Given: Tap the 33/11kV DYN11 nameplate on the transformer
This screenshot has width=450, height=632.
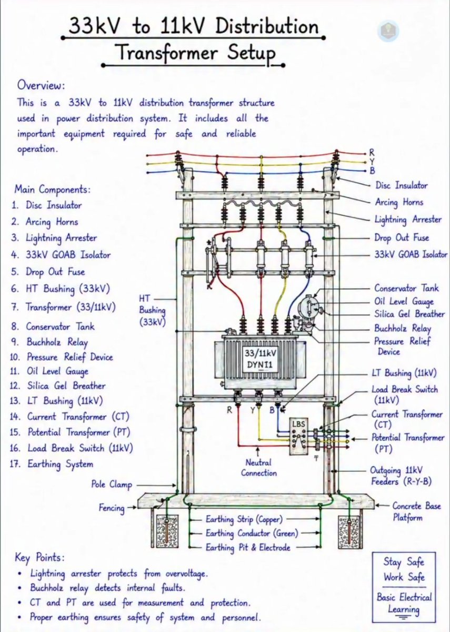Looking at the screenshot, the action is [x=260, y=359].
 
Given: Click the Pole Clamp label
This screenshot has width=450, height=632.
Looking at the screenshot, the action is [x=112, y=485].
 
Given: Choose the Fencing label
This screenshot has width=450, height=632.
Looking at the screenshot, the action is [x=112, y=508].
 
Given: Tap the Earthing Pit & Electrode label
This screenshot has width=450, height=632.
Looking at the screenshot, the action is [x=248, y=548].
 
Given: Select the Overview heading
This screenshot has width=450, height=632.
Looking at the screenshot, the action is [x=41, y=85].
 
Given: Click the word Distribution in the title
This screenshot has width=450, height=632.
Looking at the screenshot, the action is [x=267, y=26].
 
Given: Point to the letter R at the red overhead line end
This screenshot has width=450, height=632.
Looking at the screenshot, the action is [x=372, y=152].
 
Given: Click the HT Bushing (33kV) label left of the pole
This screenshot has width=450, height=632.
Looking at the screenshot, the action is [x=152, y=310].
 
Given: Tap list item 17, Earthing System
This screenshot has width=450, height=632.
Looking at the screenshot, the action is [x=52, y=464].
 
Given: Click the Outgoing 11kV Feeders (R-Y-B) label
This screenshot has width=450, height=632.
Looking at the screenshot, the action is [x=401, y=476].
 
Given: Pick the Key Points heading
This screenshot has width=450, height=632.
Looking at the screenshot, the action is [x=40, y=558].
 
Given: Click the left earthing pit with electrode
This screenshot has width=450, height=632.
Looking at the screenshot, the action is [x=167, y=531].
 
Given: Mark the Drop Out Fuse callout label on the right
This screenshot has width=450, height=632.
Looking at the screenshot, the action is [x=402, y=238].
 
